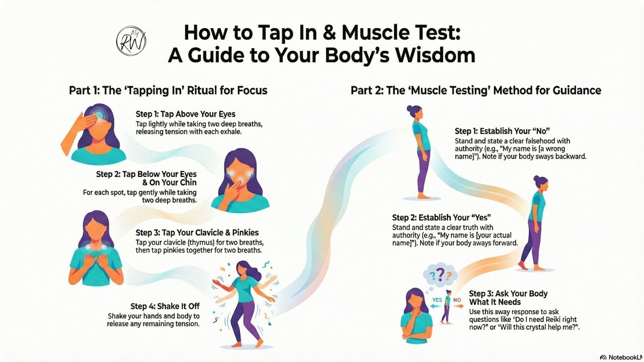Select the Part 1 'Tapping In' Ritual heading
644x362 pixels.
click(x=168, y=90)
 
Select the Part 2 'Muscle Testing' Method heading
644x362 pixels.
click(x=475, y=90)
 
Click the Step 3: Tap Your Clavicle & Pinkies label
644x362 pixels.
click(x=197, y=233)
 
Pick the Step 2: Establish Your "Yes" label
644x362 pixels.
click(x=441, y=218)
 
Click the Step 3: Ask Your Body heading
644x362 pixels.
click(x=508, y=294)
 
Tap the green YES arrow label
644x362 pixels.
click(x=437, y=300)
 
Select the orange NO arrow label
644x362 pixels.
click(x=457, y=300)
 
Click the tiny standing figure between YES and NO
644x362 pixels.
click(x=446, y=307)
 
